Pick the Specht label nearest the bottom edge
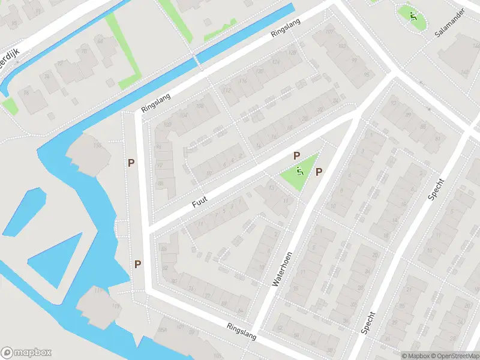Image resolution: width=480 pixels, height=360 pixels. [368, 322]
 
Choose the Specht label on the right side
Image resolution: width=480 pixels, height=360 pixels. [436, 191]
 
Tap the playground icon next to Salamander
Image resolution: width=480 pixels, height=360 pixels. [413, 17]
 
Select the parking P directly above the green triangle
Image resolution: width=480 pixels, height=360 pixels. [296, 156]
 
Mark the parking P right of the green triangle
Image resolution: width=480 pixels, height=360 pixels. [319, 172]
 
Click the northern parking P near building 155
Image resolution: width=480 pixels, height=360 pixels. [131, 163]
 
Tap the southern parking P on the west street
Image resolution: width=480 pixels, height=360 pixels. [138, 264]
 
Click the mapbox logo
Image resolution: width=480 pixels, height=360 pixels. [26, 352]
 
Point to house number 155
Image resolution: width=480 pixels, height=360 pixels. [96, 145]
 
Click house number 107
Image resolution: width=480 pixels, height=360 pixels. [329, 31]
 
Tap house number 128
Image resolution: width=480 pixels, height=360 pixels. [293, 52]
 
